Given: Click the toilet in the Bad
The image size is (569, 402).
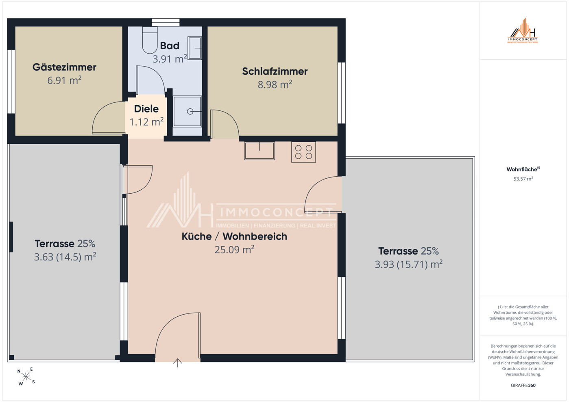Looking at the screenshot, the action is pyautogui.click(x=150, y=40).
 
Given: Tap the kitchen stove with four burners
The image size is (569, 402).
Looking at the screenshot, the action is pyautogui.click(x=303, y=152).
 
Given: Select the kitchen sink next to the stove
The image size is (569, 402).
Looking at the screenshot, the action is pyautogui.click(x=259, y=151).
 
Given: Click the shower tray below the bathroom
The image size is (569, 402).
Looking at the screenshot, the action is pyautogui.click(x=187, y=111).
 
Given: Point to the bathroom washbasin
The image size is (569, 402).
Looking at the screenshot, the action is pyautogui.click(x=194, y=48).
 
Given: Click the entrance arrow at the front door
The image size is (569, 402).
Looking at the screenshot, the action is pyautogui.click(x=178, y=363).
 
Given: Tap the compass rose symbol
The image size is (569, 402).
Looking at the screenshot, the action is pyautogui.click(x=26, y=377).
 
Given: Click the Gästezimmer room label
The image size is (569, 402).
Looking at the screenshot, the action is pyautogui.click(x=64, y=67).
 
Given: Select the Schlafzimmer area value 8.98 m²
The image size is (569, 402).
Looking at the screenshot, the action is pyautogui.click(x=275, y=84).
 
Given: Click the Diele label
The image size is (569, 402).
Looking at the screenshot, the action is pyautogui.click(x=146, y=109).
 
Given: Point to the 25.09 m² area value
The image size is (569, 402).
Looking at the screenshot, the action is pyautogui.click(x=234, y=250).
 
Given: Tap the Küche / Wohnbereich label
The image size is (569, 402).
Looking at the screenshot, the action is pyautogui.click(x=234, y=236).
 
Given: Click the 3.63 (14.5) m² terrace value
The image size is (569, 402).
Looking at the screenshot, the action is pyautogui.click(x=65, y=257).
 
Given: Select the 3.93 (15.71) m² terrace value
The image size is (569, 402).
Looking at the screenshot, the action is pyautogui.click(x=409, y=264).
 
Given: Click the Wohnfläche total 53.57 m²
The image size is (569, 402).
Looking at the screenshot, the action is pyautogui.click(x=523, y=179).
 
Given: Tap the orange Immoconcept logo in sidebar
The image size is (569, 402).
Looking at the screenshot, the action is pyautogui.click(x=523, y=31).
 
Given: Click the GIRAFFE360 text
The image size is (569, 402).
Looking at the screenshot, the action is pyautogui.click(x=523, y=385).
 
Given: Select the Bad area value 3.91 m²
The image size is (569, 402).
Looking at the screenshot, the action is pyautogui.click(x=170, y=59).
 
